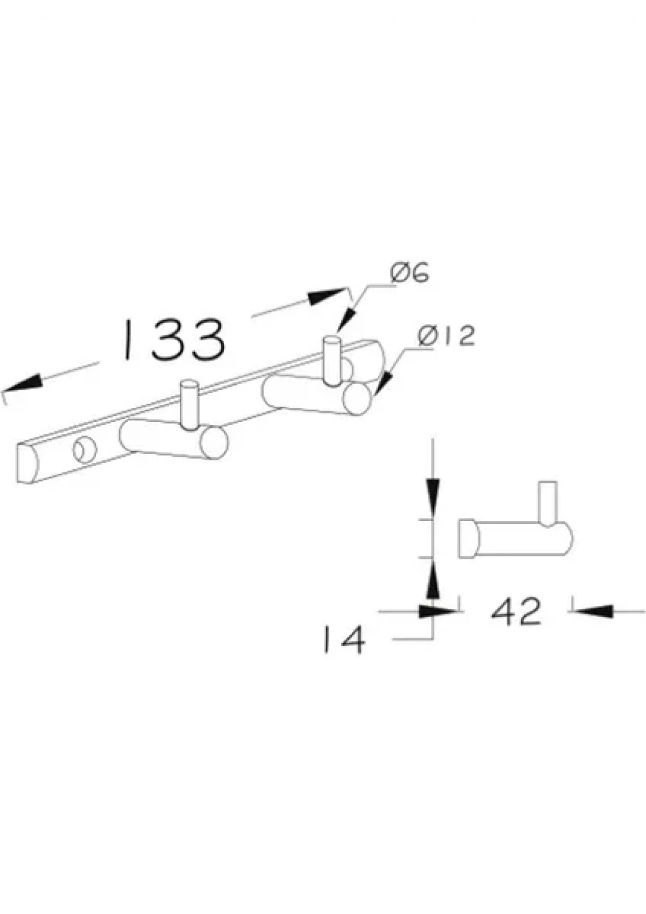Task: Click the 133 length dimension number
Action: tap(174, 339)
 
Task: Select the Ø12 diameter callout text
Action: tap(447, 337)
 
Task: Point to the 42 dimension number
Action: tap(515, 612)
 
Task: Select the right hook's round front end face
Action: tap(357, 399)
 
